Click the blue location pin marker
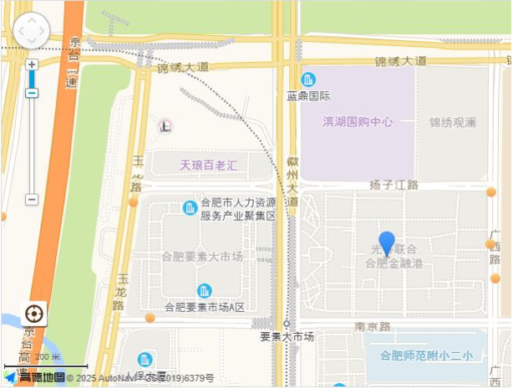coord(387,243)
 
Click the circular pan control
coord(32,31)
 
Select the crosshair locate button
coord(34,315)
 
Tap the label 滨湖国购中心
coord(358,121)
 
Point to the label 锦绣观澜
coord(453,122)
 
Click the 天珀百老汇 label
coord(209,165)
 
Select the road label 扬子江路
coord(394,184)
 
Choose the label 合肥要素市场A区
coord(205,308)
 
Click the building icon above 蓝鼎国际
coord(308,79)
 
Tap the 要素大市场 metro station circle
coord(287,323)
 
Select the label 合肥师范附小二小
coord(427,356)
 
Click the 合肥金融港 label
coord(394,264)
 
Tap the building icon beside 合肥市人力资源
coord(190,207)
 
